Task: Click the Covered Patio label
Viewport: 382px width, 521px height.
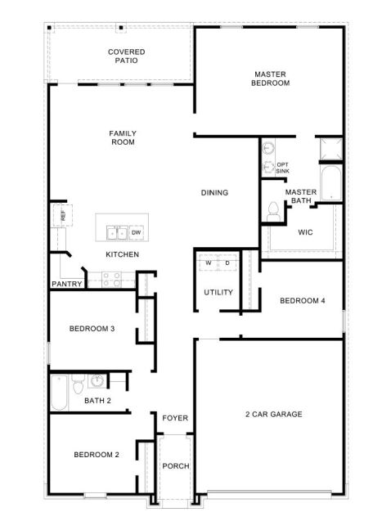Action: [x=127, y=56]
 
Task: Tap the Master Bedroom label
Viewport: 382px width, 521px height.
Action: [x=271, y=79]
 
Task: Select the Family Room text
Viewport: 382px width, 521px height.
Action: [x=123, y=137]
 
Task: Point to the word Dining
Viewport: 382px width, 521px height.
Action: [x=214, y=193]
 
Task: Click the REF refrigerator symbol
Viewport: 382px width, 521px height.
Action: [x=61, y=215]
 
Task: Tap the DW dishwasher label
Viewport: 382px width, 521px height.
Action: [x=136, y=233]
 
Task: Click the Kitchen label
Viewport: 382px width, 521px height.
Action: [x=122, y=254]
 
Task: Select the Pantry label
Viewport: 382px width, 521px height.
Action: [x=66, y=285]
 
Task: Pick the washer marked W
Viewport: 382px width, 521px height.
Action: [x=208, y=263]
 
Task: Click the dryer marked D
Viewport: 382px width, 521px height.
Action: [x=227, y=263]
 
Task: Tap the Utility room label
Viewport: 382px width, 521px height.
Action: [x=218, y=292]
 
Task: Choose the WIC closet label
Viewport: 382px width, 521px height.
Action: [x=306, y=232]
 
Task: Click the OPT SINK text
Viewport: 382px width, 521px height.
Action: [x=282, y=168]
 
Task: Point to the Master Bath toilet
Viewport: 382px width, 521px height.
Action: [x=272, y=210]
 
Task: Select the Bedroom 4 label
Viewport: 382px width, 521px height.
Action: [x=303, y=301]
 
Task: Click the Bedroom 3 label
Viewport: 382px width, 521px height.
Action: [x=92, y=329]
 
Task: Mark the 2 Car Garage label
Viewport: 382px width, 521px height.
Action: [x=274, y=414]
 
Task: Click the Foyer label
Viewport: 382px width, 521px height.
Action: [x=175, y=418]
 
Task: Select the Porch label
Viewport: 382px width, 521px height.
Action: [x=175, y=466]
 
